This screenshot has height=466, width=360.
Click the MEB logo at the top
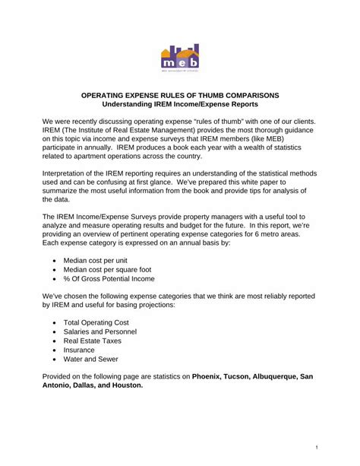pyautogui.click(x=180, y=59)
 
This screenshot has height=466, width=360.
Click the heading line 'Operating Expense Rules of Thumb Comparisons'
pyautogui.click(x=180, y=94)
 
